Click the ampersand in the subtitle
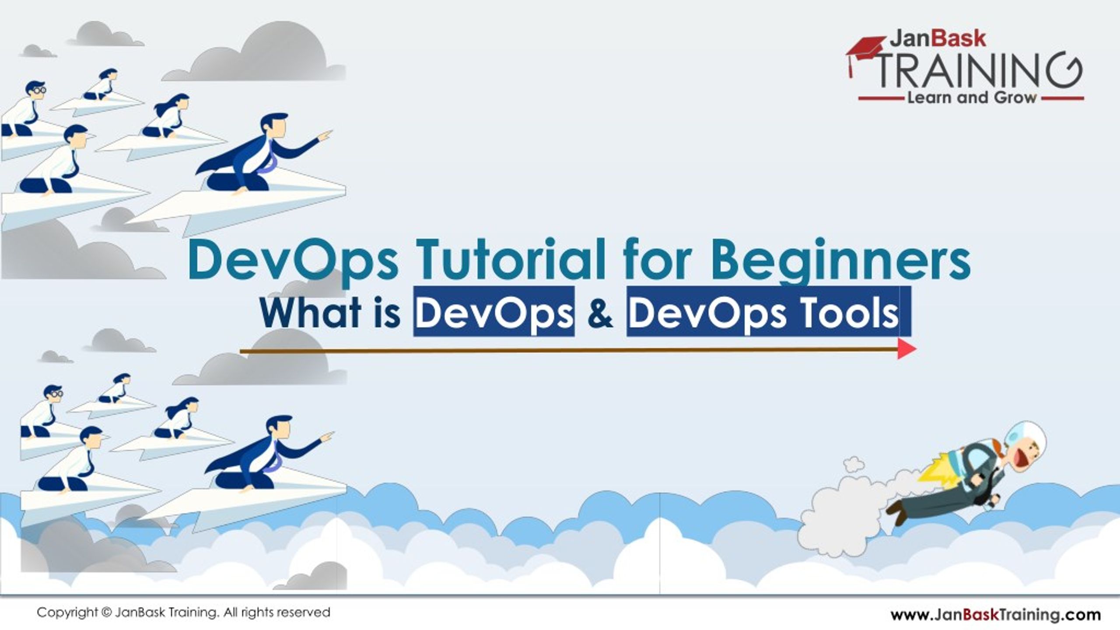click(600, 313)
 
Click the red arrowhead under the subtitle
click(906, 349)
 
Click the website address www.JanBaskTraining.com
click(995, 615)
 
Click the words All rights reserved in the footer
click(276, 613)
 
